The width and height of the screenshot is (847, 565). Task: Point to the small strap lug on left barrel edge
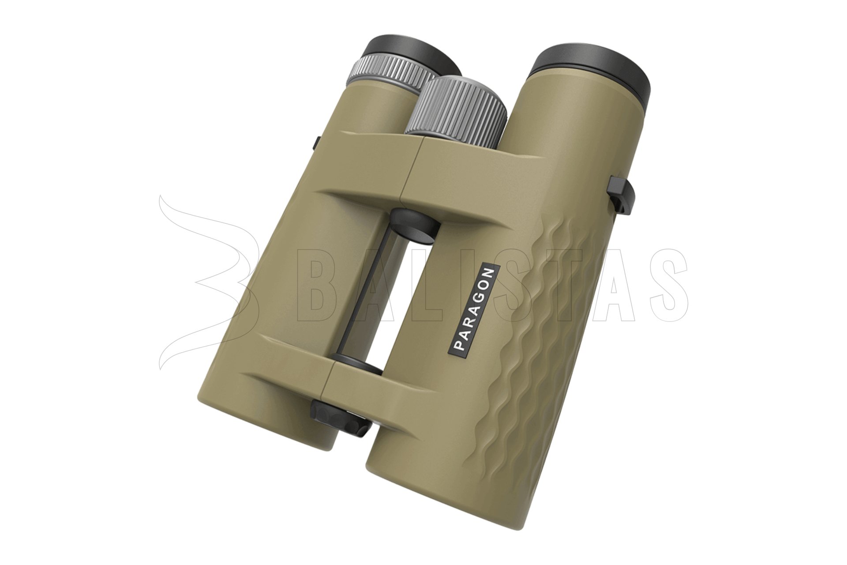pos(317,143)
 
